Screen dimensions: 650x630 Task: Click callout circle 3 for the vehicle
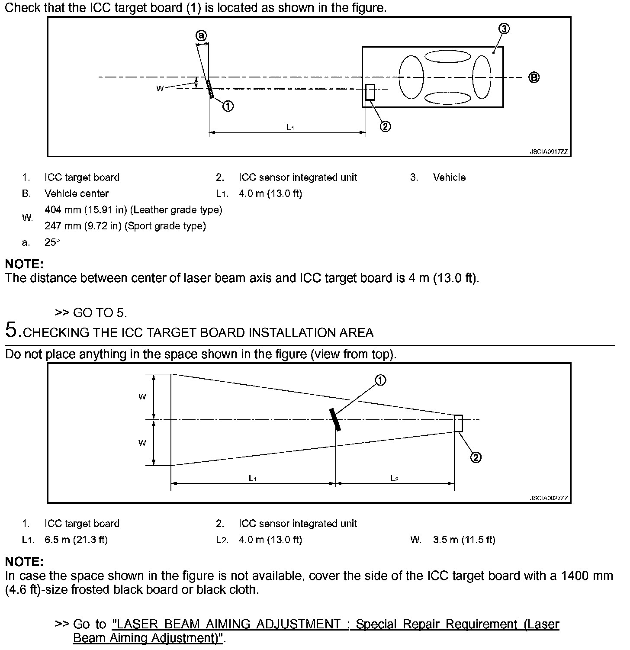pyautogui.click(x=504, y=29)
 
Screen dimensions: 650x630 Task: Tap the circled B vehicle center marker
pyautogui.click(x=534, y=77)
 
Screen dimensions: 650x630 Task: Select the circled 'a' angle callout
pyautogui.click(x=201, y=35)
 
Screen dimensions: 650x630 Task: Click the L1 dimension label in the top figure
pyautogui.click(x=290, y=127)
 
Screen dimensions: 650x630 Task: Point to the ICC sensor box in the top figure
pyautogui.click(x=370, y=92)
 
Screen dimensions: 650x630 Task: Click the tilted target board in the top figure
pyautogui.click(x=210, y=89)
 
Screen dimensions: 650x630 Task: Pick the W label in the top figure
pyautogui.click(x=160, y=88)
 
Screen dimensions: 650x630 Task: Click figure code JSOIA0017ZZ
pyautogui.click(x=549, y=152)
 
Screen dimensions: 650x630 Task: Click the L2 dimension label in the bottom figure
pyautogui.click(x=394, y=478)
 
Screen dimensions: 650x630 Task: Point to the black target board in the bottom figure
pyautogui.click(x=335, y=419)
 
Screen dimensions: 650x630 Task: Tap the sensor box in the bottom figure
pyautogui.click(x=458, y=423)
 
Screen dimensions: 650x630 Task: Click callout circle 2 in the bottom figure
pyautogui.click(x=476, y=457)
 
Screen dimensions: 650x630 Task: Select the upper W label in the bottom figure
pyautogui.click(x=142, y=396)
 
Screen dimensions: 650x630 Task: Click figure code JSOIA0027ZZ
pyautogui.click(x=549, y=498)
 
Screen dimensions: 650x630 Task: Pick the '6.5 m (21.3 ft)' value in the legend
pyautogui.click(x=76, y=540)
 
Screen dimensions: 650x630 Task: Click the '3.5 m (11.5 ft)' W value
pyautogui.click(x=464, y=540)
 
